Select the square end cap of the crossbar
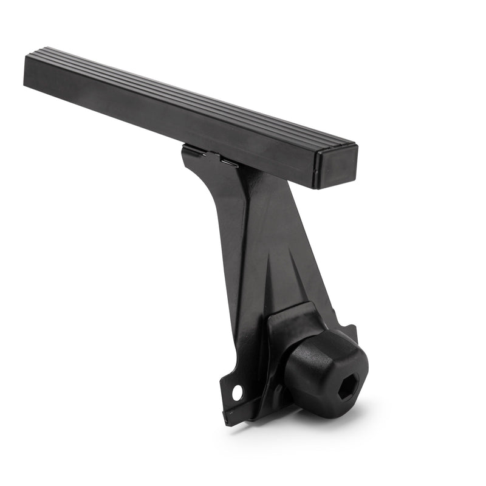[x=335, y=166]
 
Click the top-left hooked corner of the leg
[x=185, y=149]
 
